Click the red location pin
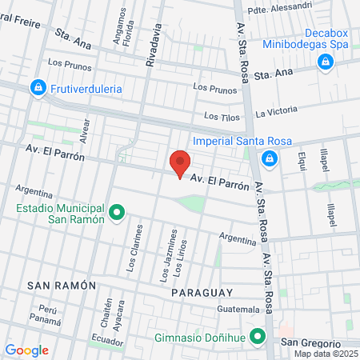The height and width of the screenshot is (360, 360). tap(180, 163)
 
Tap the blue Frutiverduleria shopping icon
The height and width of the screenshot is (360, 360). tap(37, 87)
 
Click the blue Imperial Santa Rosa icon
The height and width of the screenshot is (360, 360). tap(270, 158)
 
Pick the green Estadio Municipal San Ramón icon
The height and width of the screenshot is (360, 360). tap(117, 212)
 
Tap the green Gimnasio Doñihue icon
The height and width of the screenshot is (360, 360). tap(258, 336)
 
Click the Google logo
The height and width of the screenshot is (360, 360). tap(26, 350)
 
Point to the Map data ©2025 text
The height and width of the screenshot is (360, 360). tap(326, 354)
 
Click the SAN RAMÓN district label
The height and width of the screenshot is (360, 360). tap(62, 286)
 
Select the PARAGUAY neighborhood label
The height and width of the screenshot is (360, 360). tap(202, 293)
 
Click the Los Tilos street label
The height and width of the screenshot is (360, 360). tap(222, 117)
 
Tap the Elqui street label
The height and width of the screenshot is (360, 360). tap(302, 162)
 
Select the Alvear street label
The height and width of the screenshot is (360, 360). tap(85, 130)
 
